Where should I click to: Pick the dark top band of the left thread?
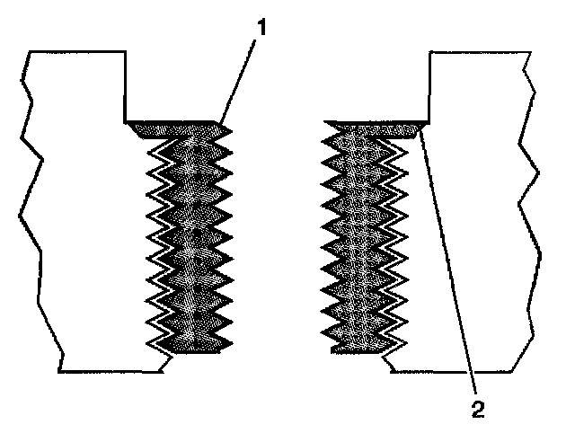[176, 128]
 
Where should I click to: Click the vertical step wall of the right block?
[430, 85]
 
